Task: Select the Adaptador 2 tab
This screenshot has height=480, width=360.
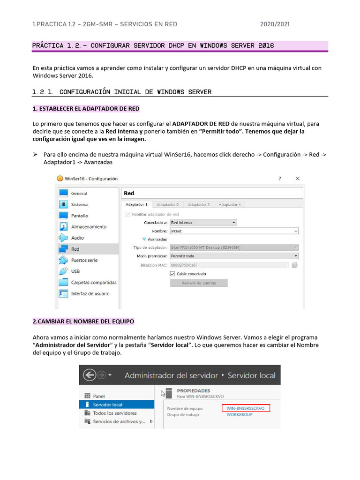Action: [x=167, y=204]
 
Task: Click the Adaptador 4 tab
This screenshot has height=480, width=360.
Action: [x=230, y=204]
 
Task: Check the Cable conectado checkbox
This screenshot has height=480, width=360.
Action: [x=172, y=274]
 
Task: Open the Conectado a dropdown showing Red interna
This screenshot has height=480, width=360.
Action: [x=203, y=223]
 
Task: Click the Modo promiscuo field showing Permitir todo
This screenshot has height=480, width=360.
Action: [x=234, y=256]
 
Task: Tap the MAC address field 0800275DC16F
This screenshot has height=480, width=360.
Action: [x=229, y=265]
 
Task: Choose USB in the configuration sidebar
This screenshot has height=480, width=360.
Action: [x=75, y=271]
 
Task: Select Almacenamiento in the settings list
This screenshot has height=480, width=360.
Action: [x=89, y=227]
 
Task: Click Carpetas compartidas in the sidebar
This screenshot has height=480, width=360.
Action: [x=93, y=283]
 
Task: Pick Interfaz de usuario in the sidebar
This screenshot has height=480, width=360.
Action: [x=90, y=294]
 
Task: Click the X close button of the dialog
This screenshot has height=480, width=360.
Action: [x=297, y=179]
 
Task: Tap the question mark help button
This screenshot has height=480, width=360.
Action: [x=280, y=179]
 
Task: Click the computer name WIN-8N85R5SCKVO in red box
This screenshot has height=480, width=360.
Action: [x=246, y=408]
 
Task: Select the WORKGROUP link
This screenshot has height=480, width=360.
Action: [x=240, y=415]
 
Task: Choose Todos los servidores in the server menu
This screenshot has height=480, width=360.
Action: [x=115, y=413]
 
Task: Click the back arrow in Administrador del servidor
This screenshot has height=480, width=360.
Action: [x=90, y=375]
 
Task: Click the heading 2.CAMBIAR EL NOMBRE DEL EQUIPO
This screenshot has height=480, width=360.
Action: [x=83, y=322]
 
